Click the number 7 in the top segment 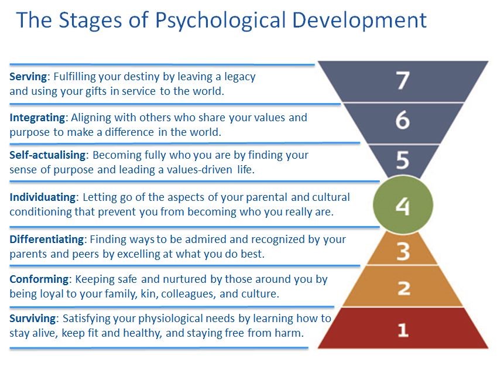(403, 80)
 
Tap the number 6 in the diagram (403, 120)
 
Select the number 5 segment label (403, 159)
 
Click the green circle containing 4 (403, 205)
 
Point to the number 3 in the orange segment (403, 252)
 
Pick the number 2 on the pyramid (404, 288)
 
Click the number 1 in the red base (403, 330)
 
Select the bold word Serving (28, 77)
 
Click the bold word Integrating (37, 118)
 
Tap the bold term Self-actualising (47, 155)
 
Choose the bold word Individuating (43, 197)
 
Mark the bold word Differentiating (47, 239)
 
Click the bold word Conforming (39, 279)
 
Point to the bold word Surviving (33, 319)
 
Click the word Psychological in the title (221, 21)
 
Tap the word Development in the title (359, 21)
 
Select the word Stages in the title (90, 21)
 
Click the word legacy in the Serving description (240, 77)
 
